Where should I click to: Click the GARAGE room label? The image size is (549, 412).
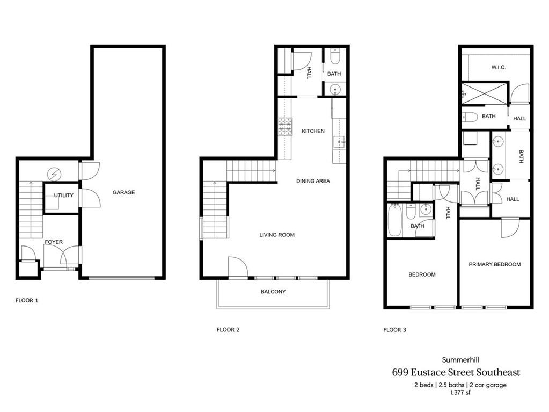pyautogui.click(x=123, y=192)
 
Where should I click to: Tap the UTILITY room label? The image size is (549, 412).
pyautogui.click(x=63, y=196)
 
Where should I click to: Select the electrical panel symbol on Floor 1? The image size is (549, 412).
pyautogui.click(x=54, y=174)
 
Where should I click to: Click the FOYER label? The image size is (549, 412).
pyautogui.click(x=54, y=242)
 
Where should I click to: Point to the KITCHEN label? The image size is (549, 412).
pyautogui.click(x=313, y=131)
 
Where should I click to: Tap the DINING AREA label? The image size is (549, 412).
pyautogui.click(x=313, y=181)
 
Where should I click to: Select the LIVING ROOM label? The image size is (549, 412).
pyautogui.click(x=277, y=235)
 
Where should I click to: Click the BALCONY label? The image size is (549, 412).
pyautogui.click(x=273, y=292)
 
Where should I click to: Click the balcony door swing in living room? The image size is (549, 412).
pyautogui.click(x=237, y=267)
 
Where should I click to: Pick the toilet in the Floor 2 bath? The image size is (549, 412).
pyautogui.click(x=335, y=57)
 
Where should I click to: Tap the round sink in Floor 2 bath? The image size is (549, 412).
pyautogui.click(x=335, y=89)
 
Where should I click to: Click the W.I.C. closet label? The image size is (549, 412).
pyautogui.click(x=499, y=67)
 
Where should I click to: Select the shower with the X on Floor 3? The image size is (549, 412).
pyautogui.click(x=485, y=93)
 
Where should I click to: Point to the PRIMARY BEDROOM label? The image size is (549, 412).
pyautogui.click(x=495, y=264)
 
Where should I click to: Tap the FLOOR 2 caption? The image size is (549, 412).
pyautogui.click(x=228, y=330)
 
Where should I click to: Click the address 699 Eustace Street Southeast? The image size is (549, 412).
pyautogui.click(x=456, y=372)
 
